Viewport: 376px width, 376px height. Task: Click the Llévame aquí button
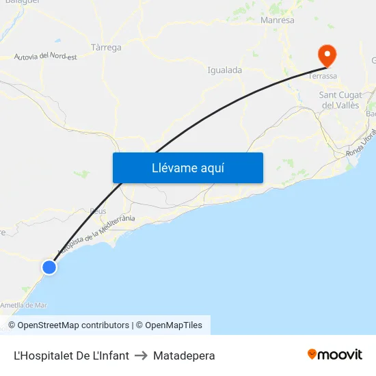187,167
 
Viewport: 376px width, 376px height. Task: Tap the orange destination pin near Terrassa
327,55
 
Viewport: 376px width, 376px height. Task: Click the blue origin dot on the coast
49,267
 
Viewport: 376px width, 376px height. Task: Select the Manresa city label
277,21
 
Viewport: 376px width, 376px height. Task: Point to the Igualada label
224,70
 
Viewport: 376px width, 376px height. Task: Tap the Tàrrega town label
106,47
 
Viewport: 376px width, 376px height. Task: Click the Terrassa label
323,77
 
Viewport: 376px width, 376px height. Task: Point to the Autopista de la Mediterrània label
96,237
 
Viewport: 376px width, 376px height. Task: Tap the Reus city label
97,211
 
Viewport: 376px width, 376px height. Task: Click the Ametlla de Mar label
23,305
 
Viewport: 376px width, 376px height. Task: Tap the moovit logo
335,355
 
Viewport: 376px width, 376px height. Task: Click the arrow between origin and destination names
141,355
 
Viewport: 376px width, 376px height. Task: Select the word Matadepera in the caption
184,355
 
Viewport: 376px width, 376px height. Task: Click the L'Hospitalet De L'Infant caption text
71,355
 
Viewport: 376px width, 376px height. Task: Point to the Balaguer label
21,2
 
